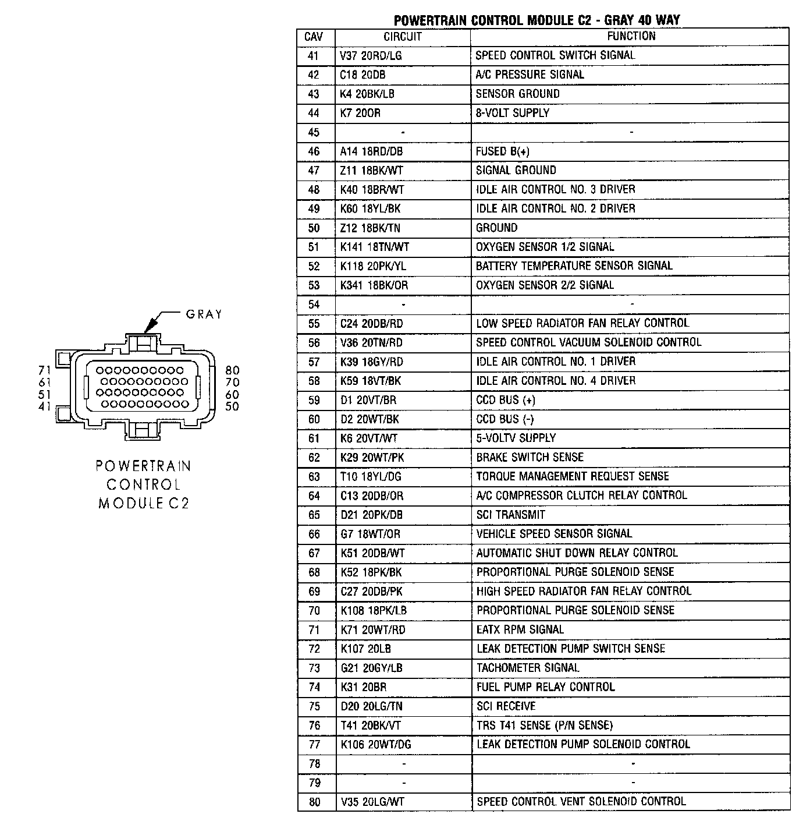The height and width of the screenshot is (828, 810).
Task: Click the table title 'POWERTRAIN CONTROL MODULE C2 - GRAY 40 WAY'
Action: [x=537, y=20]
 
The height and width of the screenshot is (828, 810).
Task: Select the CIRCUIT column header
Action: [x=402, y=37]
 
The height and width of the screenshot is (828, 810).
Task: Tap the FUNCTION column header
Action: [x=631, y=36]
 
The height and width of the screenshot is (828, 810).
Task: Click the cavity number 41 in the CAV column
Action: [x=314, y=56]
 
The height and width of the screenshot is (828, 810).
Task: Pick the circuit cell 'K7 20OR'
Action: [x=360, y=113]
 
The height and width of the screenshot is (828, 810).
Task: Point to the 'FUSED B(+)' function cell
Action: [x=503, y=151]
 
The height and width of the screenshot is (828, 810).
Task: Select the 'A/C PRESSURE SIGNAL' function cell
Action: [x=530, y=75]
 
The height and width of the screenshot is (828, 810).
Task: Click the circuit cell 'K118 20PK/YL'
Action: [x=373, y=266]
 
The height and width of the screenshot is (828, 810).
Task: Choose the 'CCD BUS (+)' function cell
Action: [x=506, y=400]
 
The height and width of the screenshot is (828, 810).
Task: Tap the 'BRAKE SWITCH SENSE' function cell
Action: [x=530, y=457]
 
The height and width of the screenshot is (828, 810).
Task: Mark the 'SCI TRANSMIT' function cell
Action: [x=510, y=515]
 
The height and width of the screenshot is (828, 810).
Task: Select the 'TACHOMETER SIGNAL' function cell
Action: [x=528, y=668]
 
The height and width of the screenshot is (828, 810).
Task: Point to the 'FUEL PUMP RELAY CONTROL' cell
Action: [x=545, y=687]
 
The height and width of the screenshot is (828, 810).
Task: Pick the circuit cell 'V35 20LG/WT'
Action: [x=372, y=802]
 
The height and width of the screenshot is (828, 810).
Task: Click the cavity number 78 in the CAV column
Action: [x=314, y=763]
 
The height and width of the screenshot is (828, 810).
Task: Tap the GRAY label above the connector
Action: [x=204, y=314]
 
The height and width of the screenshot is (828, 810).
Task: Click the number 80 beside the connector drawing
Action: [x=232, y=370]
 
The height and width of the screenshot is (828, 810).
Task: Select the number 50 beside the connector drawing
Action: [x=232, y=406]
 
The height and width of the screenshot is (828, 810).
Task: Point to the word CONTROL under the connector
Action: [x=143, y=484]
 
